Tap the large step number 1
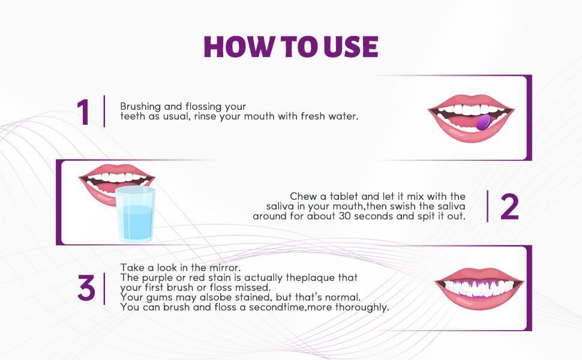coord(83,112)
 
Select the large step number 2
coord(509,207)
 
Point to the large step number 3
coord(86,287)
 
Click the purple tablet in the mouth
coord(483,122)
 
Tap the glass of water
coord(135,215)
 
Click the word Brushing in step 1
coord(140,107)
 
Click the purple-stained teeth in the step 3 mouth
coord(479,288)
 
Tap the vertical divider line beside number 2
coord(487,206)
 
